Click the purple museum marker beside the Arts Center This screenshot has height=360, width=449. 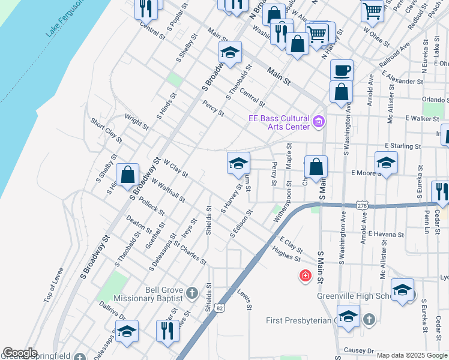319,123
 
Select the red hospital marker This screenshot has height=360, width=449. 306,276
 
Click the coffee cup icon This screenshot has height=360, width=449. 342,71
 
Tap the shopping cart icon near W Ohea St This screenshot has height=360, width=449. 372,10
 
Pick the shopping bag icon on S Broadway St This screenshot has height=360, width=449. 128,175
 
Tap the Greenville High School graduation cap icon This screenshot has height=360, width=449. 402,290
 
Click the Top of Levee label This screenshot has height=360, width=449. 52,284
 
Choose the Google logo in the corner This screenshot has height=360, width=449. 20,353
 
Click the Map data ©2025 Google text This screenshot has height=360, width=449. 412,355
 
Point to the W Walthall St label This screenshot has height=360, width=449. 168,190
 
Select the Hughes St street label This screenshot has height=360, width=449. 286,253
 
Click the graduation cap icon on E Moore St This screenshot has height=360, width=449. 386,162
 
